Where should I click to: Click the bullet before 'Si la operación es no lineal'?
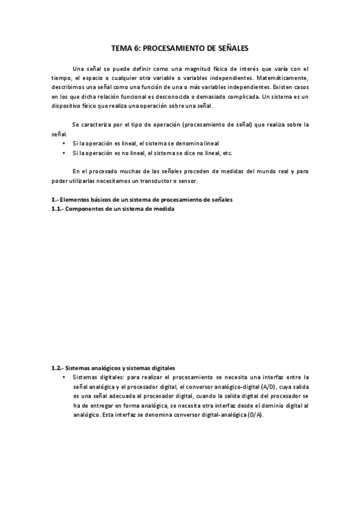(64, 153)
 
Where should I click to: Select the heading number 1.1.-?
(57, 209)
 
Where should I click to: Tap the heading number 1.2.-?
(57, 367)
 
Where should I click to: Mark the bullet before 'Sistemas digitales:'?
(64, 377)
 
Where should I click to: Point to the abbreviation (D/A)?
(255, 416)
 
